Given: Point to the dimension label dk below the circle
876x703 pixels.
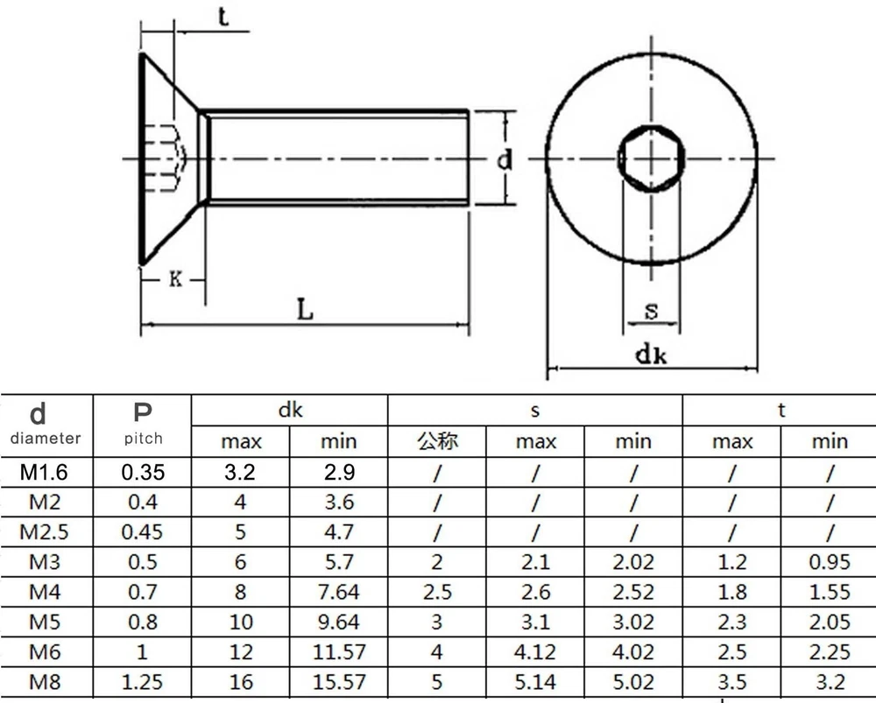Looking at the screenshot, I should [x=652, y=354].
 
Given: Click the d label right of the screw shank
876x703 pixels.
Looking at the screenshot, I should [x=504, y=160].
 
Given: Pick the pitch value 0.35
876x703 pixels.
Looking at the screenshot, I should [x=143, y=473].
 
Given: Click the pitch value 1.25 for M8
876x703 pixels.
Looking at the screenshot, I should [x=143, y=681].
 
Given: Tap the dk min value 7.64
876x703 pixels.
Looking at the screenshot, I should [x=338, y=592].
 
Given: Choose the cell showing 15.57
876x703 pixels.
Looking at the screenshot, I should [x=338, y=681].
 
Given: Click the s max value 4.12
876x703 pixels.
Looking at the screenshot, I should [x=535, y=651].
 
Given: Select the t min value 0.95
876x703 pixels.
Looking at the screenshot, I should [x=829, y=562].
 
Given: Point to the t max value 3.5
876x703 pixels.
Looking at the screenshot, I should [x=731, y=681].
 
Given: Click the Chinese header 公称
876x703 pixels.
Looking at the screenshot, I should [x=437, y=440].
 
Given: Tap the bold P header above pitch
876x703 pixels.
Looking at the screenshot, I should [x=143, y=412].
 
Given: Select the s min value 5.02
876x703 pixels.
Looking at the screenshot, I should [x=633, y=681].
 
